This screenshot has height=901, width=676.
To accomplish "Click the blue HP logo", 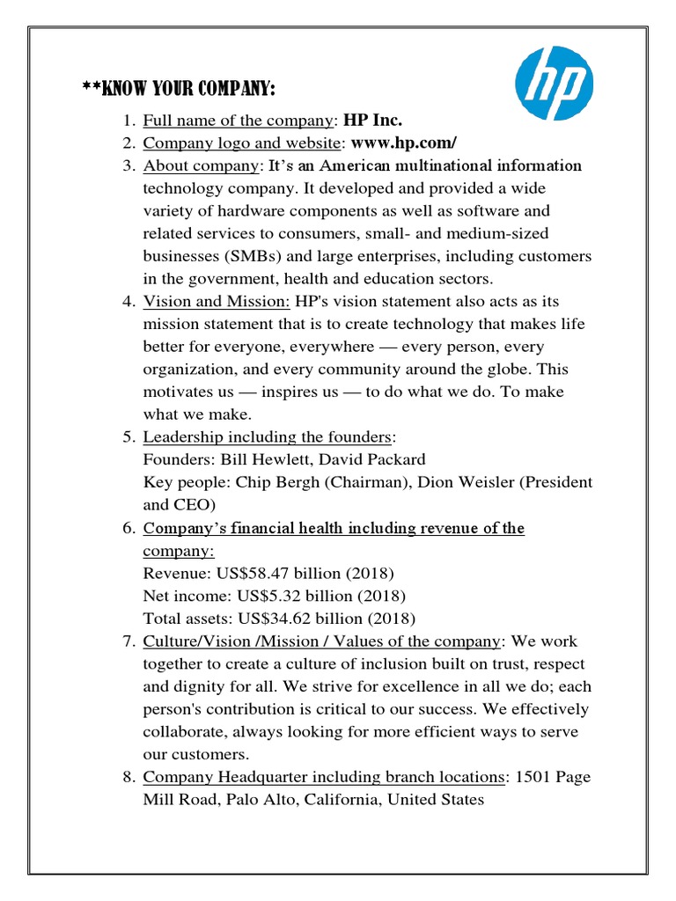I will [554, 84].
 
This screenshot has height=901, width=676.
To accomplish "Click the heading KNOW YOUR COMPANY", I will [179, 90].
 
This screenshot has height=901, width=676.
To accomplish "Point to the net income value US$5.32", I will [269, 596].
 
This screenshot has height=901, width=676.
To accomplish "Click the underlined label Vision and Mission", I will [217, 302].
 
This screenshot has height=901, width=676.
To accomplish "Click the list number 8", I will [127, 777].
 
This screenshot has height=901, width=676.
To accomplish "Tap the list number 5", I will [127, 437].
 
